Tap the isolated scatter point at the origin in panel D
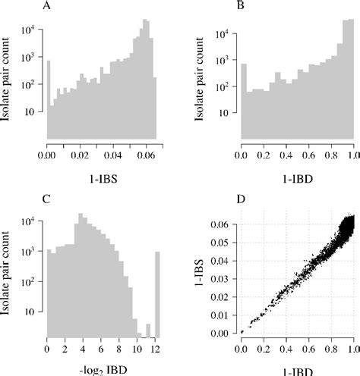(242, 332)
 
